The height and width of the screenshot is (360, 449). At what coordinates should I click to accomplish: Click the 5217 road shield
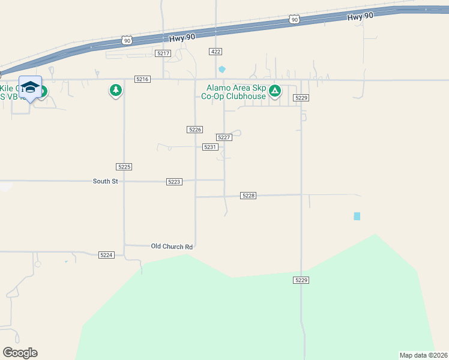tap(163, 53)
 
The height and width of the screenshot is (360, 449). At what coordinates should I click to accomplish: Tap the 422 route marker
tap(215, 52)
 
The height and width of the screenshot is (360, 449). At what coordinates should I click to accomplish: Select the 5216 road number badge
tap(142, 79)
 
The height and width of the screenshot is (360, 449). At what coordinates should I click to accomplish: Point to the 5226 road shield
tap(194, 130)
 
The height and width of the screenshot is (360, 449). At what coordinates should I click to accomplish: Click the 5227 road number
tap(224, 137)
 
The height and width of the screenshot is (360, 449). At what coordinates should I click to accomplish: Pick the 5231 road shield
tap(209, 147)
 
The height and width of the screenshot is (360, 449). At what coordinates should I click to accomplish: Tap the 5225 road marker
tap(124, 166)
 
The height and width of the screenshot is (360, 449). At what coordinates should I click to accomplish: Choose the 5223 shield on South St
tap(174, 181)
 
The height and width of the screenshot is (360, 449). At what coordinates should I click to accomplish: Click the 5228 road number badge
tap(249, 196)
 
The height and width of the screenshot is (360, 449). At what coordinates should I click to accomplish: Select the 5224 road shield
tap(106, 255)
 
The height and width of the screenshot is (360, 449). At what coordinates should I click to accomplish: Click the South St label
tap(105, 181)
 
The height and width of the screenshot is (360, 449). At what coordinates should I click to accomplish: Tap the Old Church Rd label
tap(172, 247)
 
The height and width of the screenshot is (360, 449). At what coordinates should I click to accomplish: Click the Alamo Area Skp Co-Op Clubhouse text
tap(234, 92)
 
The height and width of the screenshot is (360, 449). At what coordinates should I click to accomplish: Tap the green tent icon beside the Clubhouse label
tap(275, 91)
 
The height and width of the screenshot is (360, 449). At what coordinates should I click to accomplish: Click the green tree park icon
tap(115, 91)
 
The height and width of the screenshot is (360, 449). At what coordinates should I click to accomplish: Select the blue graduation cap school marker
tap(30, 88)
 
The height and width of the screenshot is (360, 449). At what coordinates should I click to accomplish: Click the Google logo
tap(20, 353)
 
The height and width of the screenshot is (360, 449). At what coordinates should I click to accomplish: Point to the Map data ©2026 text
tap(423, 355)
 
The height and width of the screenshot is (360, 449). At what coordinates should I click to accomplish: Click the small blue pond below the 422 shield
tap(222, 69)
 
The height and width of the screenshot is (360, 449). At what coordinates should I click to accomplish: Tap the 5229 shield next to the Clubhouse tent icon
tap(301, 98)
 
